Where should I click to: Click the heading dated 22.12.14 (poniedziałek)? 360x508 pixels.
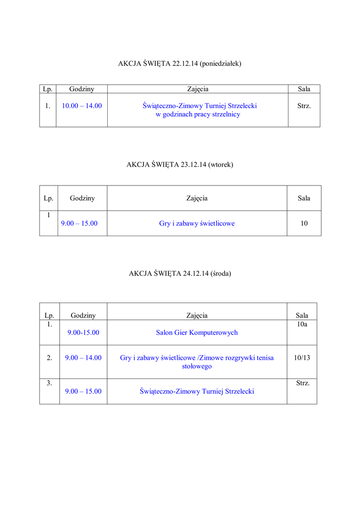pos(180,63)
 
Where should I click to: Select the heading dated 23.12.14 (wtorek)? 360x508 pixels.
pos(180,165)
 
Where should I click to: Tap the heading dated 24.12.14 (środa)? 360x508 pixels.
pos(180,273)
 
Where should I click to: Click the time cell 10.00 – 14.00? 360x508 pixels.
pos(82,106)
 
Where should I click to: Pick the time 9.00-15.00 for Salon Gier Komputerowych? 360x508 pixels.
pos(83,333)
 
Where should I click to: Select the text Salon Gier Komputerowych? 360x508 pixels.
pos(197,333)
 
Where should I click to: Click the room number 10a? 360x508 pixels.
pos(302,324)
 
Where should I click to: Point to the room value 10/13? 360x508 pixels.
pos(302,358)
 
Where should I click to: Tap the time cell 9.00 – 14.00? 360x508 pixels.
pos(83,358)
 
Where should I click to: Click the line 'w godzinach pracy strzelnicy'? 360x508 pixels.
pos(198,115)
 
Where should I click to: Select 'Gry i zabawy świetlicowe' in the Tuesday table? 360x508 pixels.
pos(197,224)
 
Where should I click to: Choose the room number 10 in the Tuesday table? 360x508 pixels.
pos(304,224)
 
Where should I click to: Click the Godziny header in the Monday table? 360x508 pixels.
pos(82,89)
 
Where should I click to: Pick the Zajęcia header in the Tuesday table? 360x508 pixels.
pos(197,198)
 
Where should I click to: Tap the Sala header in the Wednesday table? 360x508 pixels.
pos(302,316)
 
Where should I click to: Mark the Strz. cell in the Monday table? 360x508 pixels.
pos(304,106)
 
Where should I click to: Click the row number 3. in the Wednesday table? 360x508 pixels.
pos(49,383)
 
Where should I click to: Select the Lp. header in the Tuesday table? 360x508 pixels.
pos(48,198)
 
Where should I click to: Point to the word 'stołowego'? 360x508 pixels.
pos(197,367)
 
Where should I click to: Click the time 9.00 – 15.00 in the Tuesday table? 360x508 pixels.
pos(79,224)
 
